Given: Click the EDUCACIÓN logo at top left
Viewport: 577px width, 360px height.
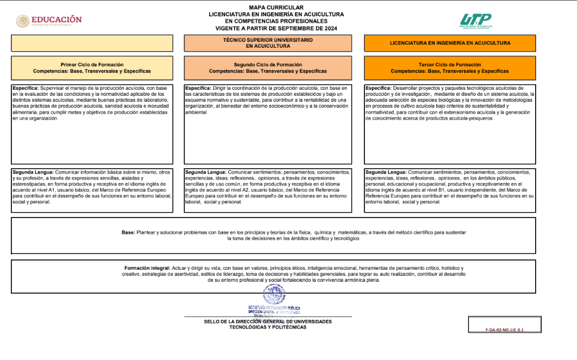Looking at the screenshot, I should tap(49, 21).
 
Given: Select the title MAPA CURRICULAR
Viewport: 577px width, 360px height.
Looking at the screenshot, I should tap(276, 8).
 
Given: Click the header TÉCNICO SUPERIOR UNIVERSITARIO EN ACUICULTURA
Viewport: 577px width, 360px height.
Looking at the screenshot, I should tap(268, 43).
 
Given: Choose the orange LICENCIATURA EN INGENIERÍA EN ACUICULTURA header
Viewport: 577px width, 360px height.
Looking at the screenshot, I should tap(450, 43).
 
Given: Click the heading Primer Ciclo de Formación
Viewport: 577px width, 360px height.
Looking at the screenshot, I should tap(92, 65).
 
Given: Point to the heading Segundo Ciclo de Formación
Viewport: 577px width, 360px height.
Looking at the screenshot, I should tap(268, 65).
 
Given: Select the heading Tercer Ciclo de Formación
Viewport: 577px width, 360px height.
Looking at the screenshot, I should tap(450, 65).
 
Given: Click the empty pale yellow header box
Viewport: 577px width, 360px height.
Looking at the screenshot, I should tap(92, 43).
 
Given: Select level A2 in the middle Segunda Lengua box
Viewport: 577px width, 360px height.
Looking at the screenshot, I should tap(238, 190).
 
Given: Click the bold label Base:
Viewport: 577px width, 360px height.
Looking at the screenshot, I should tap(128, 232).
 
